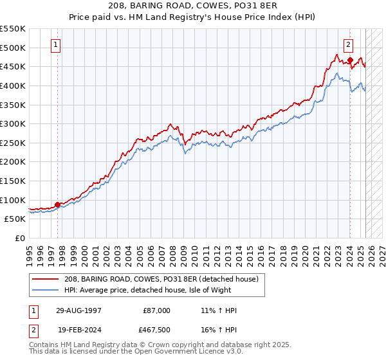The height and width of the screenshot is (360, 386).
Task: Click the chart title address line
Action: [x=193, y=6]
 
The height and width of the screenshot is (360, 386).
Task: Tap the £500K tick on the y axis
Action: [x=13, y=48]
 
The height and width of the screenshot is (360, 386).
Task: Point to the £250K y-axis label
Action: [x=13, y=143]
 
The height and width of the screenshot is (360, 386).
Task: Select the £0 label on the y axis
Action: [x=21, y=238]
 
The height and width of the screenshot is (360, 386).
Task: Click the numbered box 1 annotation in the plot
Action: [x=57, y=45]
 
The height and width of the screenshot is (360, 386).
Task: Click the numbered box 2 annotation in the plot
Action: [x=348, y=45]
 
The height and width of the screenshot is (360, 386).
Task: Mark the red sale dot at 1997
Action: [x=58, y=205]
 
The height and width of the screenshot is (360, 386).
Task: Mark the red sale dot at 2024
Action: [x=350, y=60]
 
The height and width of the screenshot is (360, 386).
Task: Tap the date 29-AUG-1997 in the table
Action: [x=78, y=310]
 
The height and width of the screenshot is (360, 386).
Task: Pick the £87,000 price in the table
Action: [x=156, y=310]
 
